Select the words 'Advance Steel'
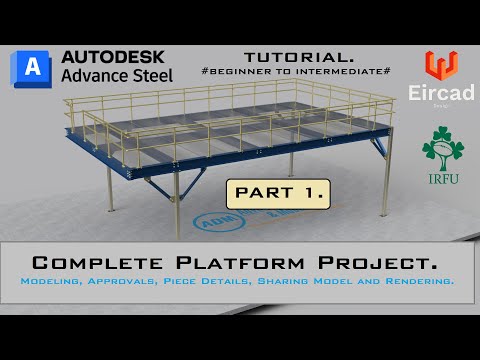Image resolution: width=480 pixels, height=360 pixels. [x=116, y=75]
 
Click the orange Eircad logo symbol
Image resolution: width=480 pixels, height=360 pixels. [x=441, y=65]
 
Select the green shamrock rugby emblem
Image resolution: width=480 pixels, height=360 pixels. [x=442, y=149]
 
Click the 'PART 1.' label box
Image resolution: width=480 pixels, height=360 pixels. [x=264, y=192]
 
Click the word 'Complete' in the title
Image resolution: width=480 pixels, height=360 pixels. [x=98, y=263]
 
